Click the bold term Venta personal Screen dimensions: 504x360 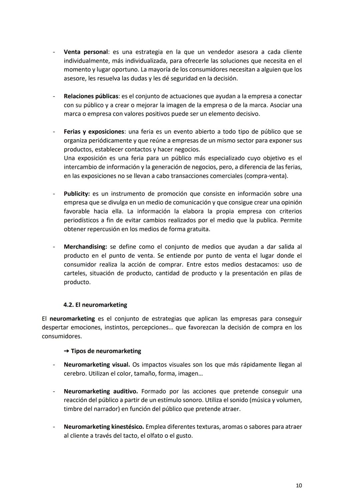tap(86, 52)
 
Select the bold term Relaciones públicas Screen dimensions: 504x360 tap(91, 96)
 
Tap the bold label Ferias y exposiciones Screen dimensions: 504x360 tap(94, 132)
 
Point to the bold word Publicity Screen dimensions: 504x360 tap(77, 194)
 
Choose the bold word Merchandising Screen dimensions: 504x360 tap(85, 247)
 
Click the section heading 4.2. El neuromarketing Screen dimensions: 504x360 tap(95, 305)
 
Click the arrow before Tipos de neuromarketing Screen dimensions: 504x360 tap(66, 351)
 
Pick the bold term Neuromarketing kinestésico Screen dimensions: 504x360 tap(104, 427)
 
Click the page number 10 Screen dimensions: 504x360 tap(299, 486)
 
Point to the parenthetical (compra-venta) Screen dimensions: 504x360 tap(266, 176)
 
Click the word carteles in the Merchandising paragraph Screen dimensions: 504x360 tap(75, 273)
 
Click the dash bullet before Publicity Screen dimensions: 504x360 tap(53, 194)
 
